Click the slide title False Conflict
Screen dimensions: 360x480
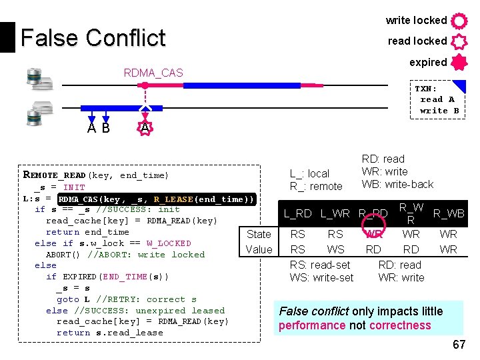(93, 38)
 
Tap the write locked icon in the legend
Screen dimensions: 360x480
(459, 21)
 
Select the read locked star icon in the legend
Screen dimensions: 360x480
(459, 41)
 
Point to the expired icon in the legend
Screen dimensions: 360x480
(459, 63)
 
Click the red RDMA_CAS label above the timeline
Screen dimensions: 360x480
(153, 73)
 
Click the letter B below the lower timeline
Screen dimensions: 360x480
(105, 127)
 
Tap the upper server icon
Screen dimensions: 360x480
(39, 79)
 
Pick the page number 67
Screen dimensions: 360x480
(459, 345)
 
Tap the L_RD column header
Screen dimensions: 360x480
(297, 214)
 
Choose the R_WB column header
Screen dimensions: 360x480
(449, 214)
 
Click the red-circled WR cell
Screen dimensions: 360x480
(373, 234)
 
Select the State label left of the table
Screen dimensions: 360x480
(259, 234)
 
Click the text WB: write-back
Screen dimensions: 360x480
(397, 184)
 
